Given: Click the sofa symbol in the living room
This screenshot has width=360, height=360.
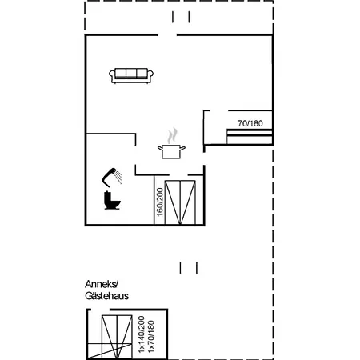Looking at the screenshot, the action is point(131,76).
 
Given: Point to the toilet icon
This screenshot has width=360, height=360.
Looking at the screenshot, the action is point(112,200).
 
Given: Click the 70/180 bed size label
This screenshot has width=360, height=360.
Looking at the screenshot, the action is point(250,123).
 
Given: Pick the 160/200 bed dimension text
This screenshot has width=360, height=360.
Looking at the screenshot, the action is point(160,202).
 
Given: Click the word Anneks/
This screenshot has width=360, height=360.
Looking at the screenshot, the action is point(102,284).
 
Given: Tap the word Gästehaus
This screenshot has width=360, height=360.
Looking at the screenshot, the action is point(106,296).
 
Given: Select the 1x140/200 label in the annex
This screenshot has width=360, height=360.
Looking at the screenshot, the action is point(142,334).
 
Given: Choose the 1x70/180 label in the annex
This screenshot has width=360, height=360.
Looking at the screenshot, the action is point(151,337).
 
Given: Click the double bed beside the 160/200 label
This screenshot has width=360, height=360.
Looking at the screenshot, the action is point(180,202).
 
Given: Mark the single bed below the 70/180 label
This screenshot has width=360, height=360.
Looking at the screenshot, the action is point(250,137).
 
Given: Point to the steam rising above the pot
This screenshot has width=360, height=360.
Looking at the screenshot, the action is point(173,135).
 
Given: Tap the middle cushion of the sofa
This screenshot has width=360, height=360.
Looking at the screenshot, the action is point(131,74).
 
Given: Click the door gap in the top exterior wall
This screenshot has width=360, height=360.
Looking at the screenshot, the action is point(167,34).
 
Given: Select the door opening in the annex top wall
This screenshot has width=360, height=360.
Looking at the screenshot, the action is point(101,310).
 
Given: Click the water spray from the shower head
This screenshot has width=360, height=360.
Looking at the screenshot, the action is point(118,176).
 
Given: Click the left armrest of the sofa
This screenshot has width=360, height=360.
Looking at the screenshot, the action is point(112,74).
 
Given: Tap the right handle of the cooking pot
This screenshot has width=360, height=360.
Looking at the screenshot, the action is point(182,148).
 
